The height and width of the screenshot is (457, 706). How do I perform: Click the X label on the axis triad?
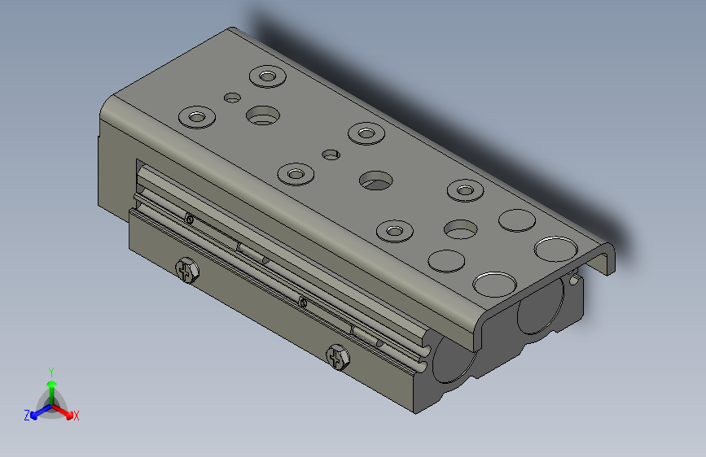pos(77,416)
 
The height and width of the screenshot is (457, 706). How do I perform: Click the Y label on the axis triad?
pos(50,371)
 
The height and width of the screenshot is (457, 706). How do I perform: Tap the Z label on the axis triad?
pos(27,416)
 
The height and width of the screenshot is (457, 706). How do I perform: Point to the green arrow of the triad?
pos(50,387)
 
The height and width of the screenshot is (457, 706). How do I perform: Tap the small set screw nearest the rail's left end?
pos(189,219)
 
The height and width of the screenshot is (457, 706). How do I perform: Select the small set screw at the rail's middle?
pos(303,302)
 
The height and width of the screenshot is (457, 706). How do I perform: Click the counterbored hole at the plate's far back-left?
pos(266,77)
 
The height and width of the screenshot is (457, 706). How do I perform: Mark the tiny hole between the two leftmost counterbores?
pos(233,98)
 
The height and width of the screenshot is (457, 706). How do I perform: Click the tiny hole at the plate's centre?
pos(330,153)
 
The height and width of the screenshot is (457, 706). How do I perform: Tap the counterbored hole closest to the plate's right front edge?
pos(395,231)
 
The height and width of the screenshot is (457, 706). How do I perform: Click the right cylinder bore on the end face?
pos(537,308)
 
